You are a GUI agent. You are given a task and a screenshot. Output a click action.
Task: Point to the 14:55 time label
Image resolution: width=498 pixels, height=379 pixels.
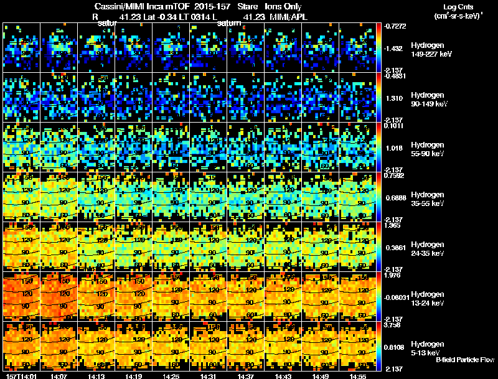point(358,376)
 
